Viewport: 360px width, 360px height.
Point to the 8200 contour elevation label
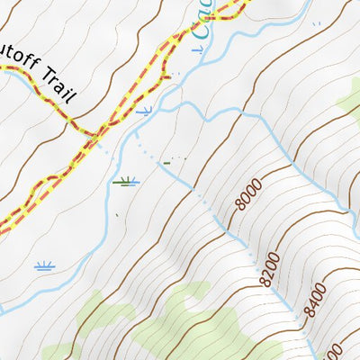(266, 270)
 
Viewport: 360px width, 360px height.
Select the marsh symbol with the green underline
(127, 182)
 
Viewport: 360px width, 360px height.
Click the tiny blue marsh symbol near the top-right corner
(315, 25)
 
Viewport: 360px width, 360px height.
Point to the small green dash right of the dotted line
(166, 163)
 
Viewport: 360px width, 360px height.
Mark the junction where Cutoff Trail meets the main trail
(93, 136)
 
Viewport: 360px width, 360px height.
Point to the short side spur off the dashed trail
(164, 76)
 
